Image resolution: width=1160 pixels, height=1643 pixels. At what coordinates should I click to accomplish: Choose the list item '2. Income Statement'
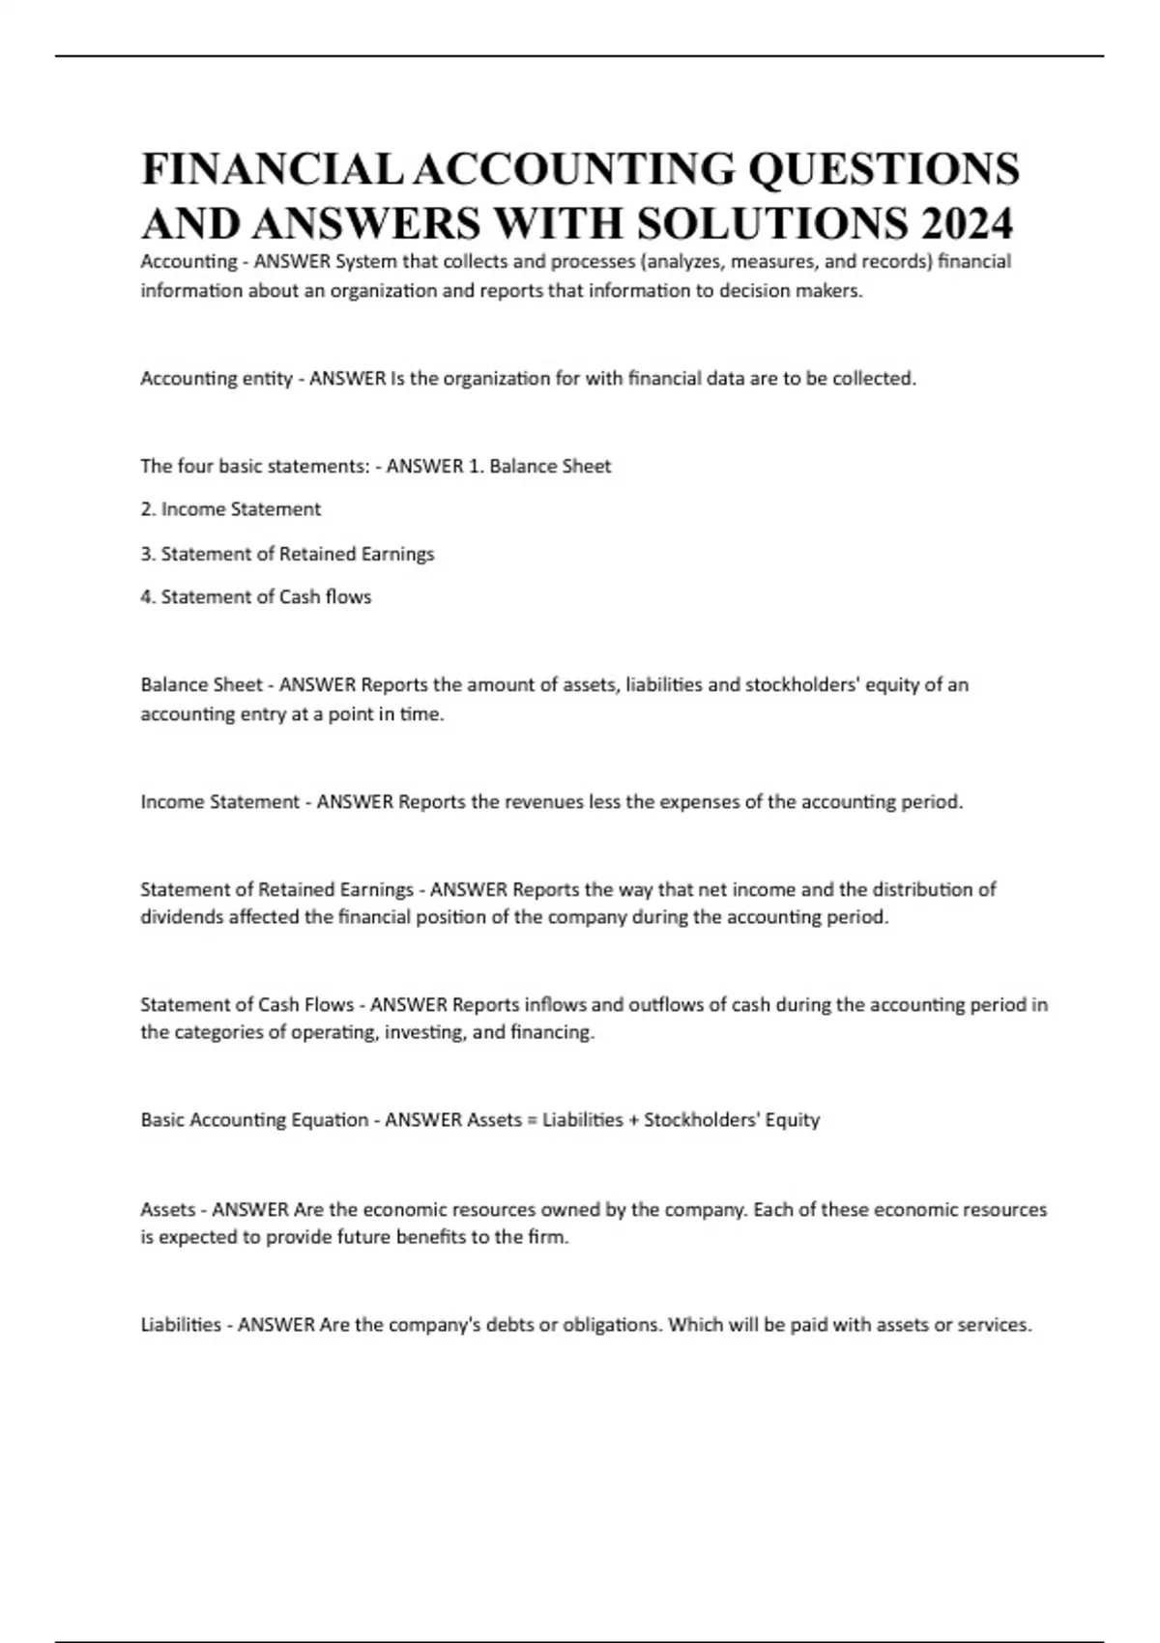230,509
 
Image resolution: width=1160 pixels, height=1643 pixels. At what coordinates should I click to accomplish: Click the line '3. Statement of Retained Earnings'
287,554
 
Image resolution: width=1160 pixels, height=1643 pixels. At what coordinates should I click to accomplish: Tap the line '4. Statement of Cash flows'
255,597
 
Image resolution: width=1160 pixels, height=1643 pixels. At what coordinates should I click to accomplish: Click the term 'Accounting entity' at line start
217,379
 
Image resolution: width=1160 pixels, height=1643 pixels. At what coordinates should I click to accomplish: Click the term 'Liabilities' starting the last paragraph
181,1325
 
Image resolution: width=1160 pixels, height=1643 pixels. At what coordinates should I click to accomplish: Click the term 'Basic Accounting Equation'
254,1120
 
